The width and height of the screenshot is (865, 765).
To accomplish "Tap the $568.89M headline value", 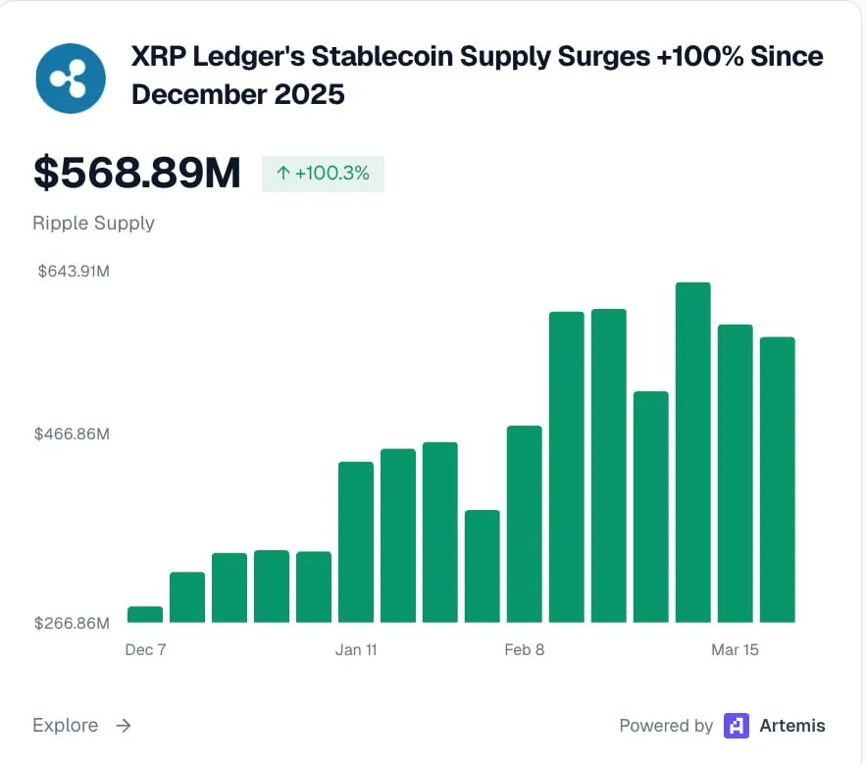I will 136,173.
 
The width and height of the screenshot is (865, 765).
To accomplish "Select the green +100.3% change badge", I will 323,174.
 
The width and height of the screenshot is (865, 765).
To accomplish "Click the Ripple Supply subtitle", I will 93,223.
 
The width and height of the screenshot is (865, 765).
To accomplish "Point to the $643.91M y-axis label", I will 74,271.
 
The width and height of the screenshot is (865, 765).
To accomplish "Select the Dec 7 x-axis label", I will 145,650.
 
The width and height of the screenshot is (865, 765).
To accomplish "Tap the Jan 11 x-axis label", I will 356,650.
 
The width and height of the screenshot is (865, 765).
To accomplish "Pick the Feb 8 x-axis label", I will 525,650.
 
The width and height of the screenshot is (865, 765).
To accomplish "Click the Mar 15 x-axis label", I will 735,650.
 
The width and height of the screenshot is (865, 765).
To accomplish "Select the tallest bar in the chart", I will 692,452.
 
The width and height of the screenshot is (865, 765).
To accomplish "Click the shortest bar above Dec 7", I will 145,615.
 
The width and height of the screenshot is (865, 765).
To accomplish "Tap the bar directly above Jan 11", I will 356,542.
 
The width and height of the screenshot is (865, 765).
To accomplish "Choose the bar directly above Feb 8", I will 525,525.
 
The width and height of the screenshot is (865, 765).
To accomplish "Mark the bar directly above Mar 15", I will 735,474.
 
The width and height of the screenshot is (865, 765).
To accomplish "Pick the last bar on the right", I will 777,480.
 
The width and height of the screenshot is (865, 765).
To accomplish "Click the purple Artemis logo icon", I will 737,726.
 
